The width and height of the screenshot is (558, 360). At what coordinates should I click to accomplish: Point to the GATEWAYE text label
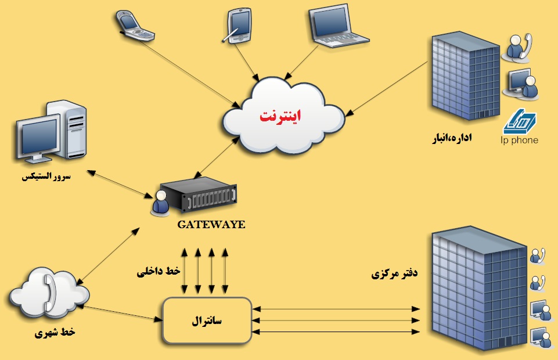pyautogui.click(x=211, y=224)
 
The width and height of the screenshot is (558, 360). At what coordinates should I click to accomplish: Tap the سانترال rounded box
pyautogui.click(x=207, y=320)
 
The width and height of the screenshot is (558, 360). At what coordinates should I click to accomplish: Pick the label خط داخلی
pyautogui.click(x=159, y=272)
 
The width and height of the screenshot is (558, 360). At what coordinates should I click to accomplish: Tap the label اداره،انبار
pyautogui.click(x=450, y=139)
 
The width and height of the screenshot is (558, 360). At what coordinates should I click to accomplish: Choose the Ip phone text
pyautogui.click(x=519, y=140)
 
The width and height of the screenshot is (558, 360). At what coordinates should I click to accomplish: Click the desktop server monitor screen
pyautogui.click(x=38, y=137)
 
